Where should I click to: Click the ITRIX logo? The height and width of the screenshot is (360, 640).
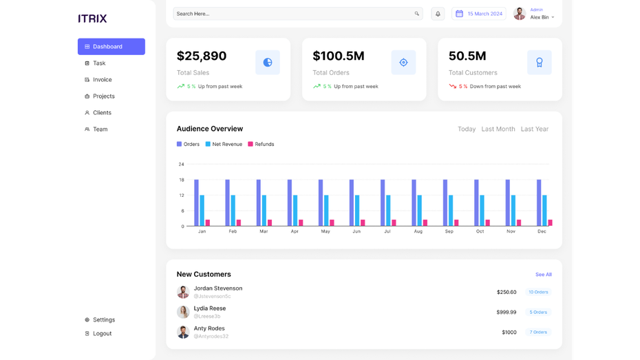92,19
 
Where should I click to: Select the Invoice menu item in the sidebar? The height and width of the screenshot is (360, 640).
102,80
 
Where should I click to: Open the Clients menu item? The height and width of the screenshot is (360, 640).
102,113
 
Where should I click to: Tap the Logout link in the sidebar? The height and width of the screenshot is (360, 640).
102,334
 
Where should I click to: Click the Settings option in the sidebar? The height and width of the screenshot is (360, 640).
103,320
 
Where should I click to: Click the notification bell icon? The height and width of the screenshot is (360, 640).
438,14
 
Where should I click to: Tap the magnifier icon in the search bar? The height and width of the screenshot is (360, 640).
416,14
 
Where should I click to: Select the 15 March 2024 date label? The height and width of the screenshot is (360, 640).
484,14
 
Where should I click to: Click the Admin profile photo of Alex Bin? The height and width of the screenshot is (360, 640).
520,14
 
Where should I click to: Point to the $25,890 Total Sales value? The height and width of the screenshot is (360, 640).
202,56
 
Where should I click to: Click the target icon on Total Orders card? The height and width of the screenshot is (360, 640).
403,63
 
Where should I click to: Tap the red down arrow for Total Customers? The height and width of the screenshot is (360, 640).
453,87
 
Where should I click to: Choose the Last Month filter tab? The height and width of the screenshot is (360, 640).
498,129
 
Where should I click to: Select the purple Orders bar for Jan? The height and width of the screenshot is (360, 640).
196,202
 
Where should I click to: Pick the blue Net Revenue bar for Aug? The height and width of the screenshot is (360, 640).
419,210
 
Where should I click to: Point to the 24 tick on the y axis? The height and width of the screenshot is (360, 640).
181,165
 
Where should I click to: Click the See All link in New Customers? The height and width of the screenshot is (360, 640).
543,275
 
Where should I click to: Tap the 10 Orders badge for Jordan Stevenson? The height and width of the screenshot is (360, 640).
537,293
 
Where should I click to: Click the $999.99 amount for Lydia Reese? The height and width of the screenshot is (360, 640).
506,313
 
